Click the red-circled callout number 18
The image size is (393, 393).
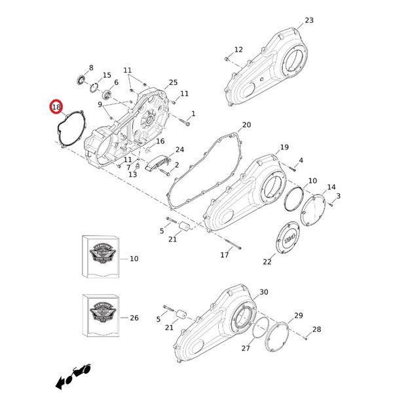click(56, 106)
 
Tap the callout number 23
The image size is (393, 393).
click(309, 20)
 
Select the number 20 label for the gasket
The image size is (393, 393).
click(246, 124)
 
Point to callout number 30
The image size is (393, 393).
click(264, 292)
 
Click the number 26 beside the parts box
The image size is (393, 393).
click(134, 318)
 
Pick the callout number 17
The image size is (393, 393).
click(225, 255)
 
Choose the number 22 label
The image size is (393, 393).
click(267, 262)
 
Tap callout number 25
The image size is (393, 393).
click(173, 83)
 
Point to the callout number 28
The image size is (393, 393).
click(316, 329)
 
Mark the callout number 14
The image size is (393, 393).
click(331, 187)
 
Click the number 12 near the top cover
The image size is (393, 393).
click(238, 50)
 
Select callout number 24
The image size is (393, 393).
click(179, 150)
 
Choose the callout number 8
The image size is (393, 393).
click(91, 67)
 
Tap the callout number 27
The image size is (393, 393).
click(246, 348)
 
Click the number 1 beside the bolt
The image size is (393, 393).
click(193, 113)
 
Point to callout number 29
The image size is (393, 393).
click(299, 316)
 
